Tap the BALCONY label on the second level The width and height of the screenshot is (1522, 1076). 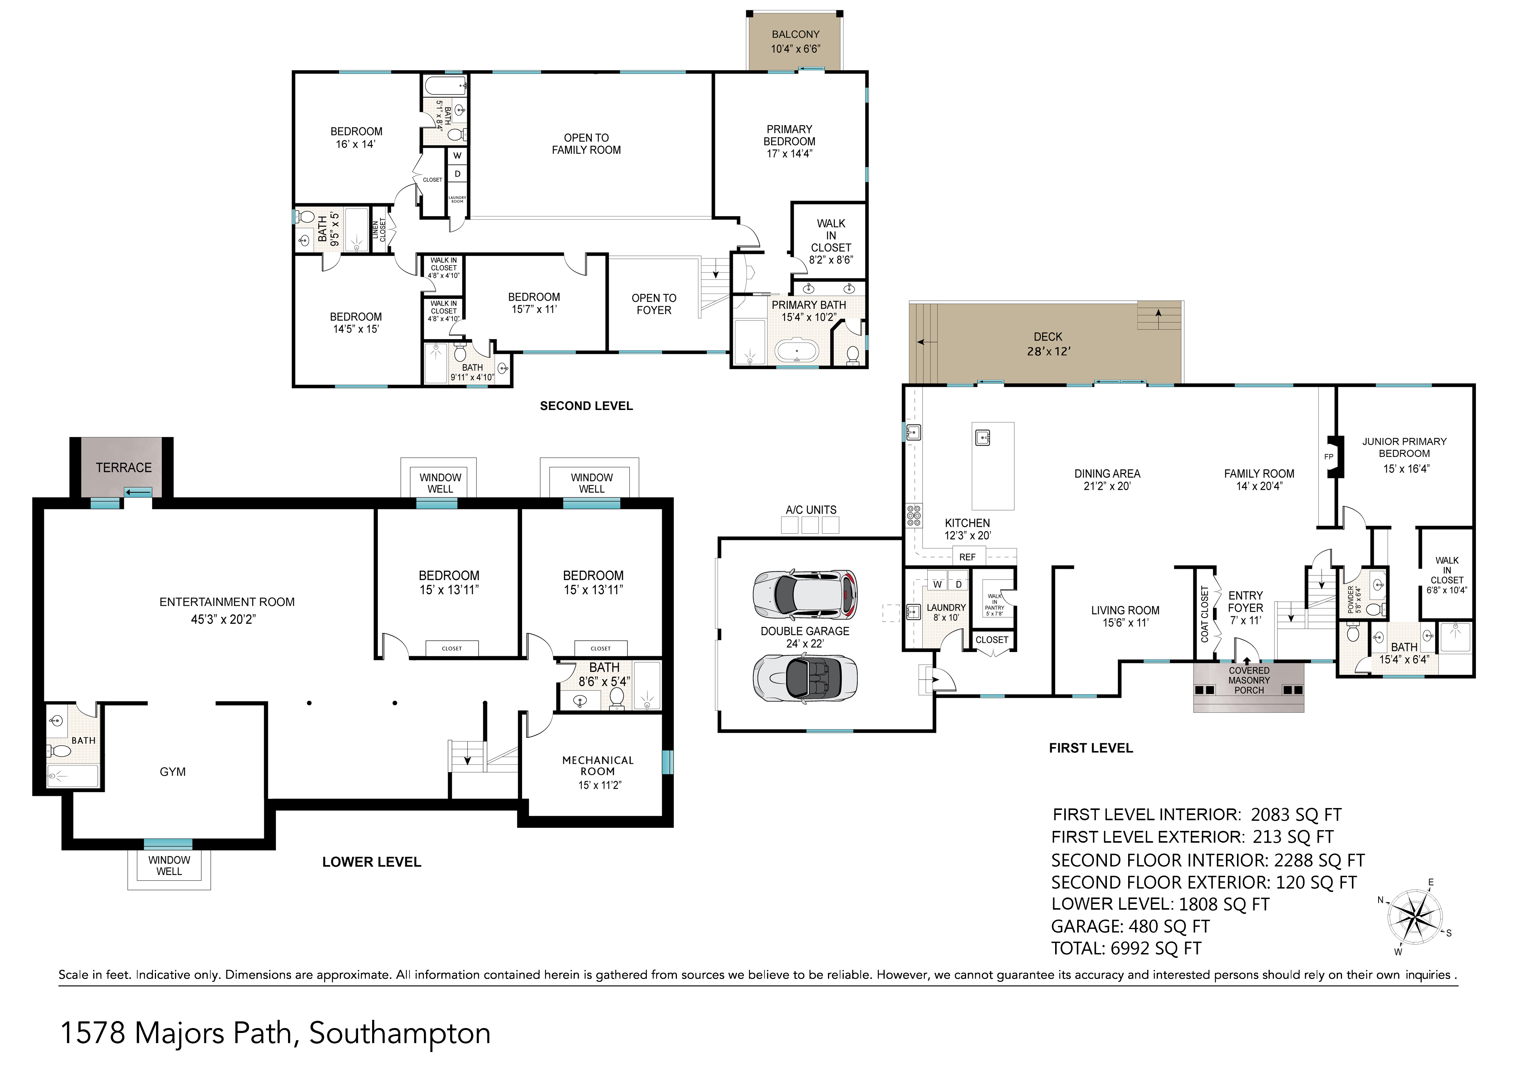pos(796,35)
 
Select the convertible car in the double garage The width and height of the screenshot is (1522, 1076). pos(805,678)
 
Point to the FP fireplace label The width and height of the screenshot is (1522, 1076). pos(1328,457)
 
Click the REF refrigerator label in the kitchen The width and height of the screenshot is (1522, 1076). pos(967,557)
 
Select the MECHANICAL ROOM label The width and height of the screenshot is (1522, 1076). pos(598,766)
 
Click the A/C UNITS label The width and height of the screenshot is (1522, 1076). pos(811,510)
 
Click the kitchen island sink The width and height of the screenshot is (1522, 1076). pos(982,438)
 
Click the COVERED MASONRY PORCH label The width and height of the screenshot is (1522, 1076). pos(1249,680)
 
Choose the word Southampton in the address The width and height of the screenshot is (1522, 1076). pos(400,1033)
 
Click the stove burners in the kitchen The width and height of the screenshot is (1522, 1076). pos(914,515)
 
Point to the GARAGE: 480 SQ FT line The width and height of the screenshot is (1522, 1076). pos(1130,926)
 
